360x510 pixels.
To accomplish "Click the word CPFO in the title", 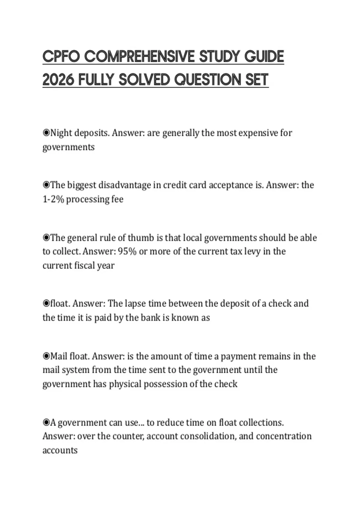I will coord(61,57).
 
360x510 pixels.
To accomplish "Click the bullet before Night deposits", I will coord(46,133).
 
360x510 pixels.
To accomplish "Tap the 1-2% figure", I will coord(53,199).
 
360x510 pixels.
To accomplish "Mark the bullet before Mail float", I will coord(46,356).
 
